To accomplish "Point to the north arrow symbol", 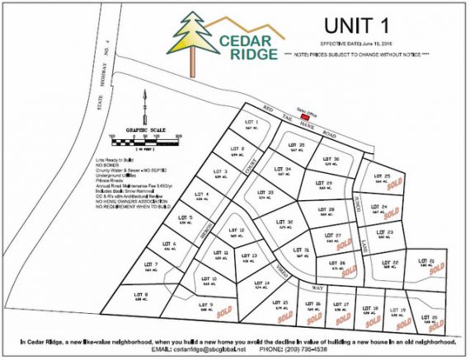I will pos(145,103).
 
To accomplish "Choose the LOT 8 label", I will pos(140,293).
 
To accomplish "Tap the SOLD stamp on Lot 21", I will pos(441,268).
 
